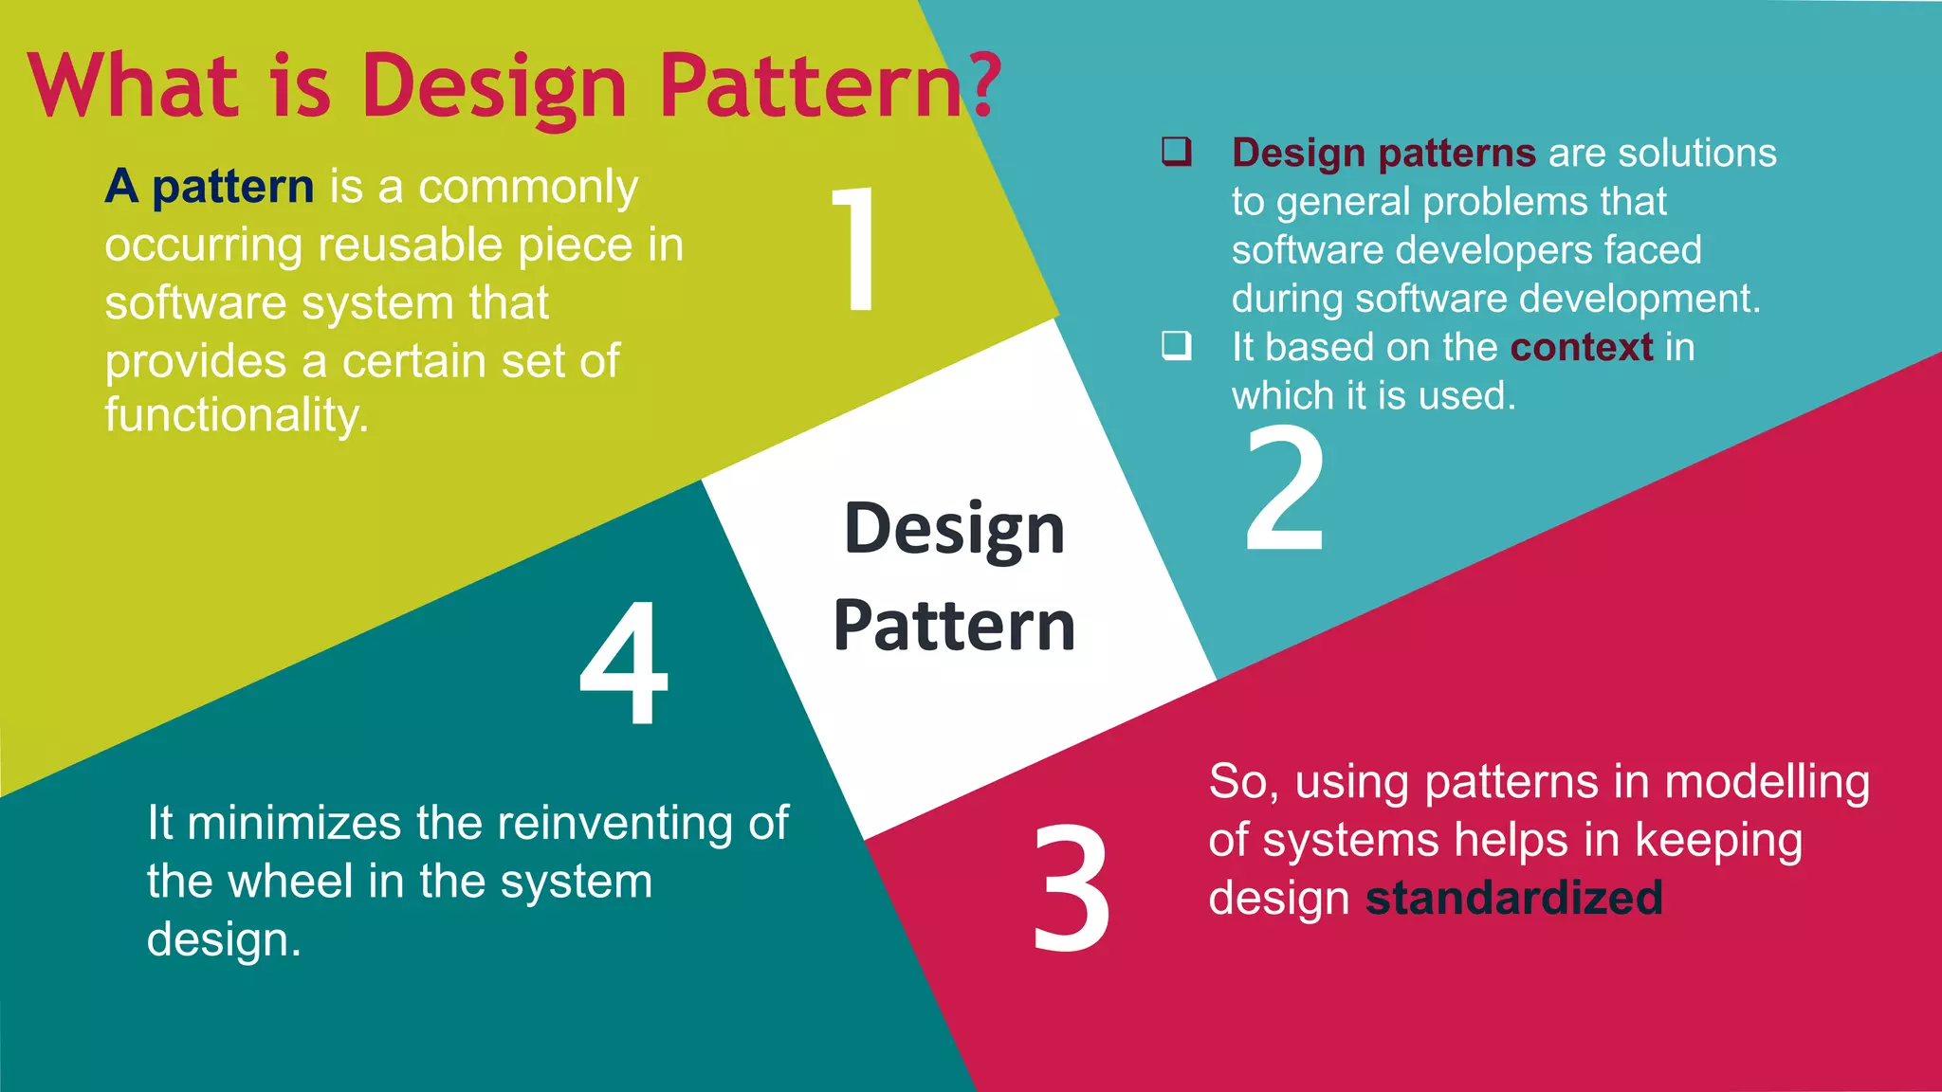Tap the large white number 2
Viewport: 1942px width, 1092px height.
tap(1284, 489)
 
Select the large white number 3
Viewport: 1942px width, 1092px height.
tap(1072, 888)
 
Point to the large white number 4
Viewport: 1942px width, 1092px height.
tap(624, 664)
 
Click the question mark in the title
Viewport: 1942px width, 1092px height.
tap(986, 85)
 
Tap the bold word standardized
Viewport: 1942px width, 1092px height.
tap(1513, 898)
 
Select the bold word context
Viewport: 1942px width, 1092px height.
tap(1582, 347)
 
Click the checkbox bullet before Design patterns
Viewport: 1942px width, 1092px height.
tap(1176, 152)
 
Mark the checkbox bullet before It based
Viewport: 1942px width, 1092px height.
tap(1176, 346)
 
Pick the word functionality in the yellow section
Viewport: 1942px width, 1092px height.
tap(236, 415)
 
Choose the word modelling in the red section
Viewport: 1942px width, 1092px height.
tap(1767, 782)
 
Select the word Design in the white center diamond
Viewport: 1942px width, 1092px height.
tap(954, 529)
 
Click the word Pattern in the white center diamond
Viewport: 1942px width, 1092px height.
tap(954, 626)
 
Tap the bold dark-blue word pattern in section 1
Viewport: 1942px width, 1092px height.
tap(233, 187)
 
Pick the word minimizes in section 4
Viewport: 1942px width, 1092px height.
tap(294, 823)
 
